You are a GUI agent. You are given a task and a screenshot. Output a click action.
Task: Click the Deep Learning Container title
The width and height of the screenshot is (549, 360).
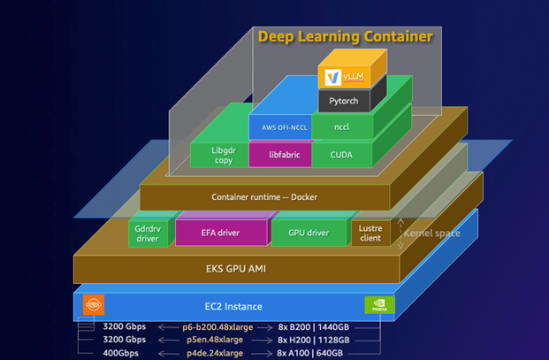pos(346,37)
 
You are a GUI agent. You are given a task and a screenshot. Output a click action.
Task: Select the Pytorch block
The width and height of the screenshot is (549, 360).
pos(351,102)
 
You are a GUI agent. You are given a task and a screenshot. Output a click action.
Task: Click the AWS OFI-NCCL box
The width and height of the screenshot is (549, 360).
pos(278,127)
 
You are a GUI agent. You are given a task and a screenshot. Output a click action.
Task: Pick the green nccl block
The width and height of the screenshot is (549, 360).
pos(341,127)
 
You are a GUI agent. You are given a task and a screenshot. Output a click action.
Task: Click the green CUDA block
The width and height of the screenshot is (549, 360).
pos(341,155)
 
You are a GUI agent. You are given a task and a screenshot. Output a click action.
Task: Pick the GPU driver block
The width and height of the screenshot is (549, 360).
pos(309,234)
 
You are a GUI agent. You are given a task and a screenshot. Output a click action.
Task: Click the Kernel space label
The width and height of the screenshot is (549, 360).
pos(432,232)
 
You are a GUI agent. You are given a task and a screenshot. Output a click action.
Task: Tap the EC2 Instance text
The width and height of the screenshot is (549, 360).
pos(231,306)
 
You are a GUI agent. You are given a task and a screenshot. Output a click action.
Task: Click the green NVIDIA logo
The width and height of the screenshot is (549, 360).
pos(380,306)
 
